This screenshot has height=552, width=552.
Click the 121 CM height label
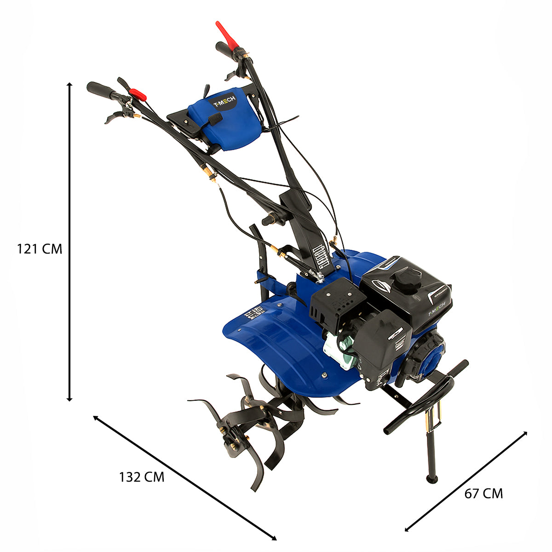point(39,249)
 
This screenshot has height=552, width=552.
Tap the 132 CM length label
point(141,477)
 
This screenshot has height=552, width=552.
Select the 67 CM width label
point(483,494)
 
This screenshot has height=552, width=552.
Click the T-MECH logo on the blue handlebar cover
point(223,101)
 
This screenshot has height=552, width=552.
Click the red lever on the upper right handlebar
point(228,34)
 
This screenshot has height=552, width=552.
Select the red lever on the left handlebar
point(138,94)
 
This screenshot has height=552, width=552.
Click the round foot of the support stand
point(432,479)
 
